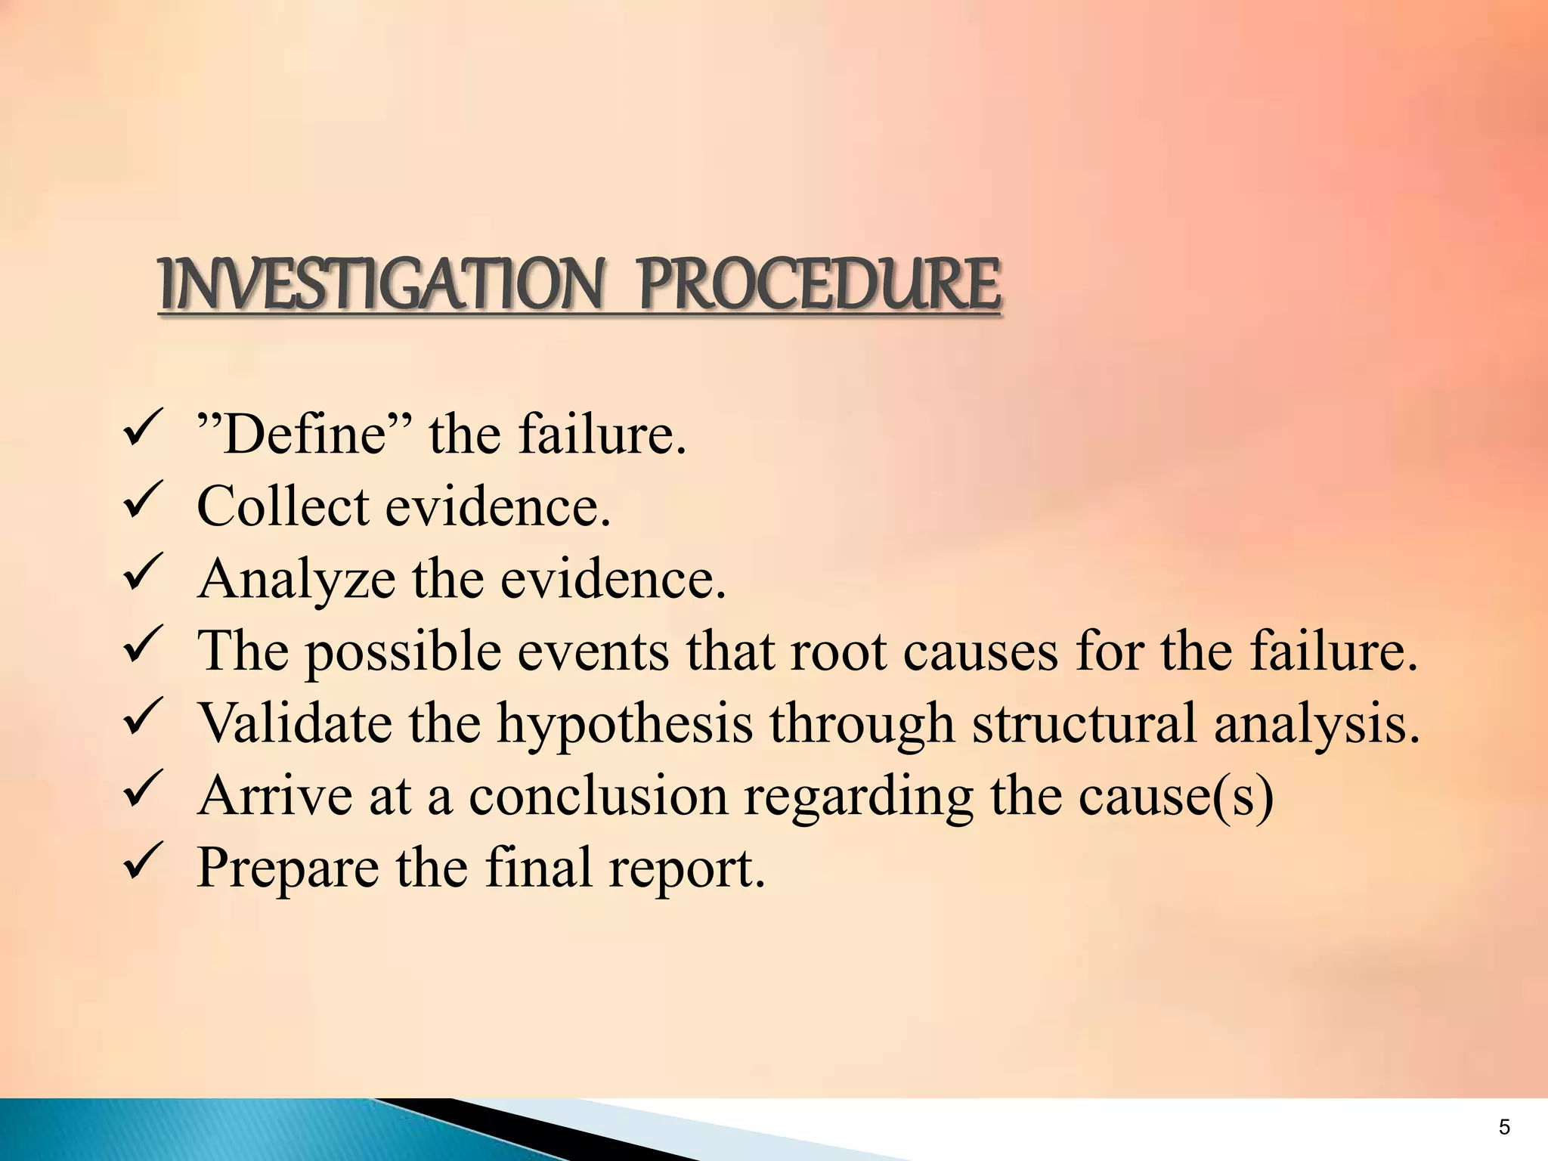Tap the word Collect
point(283,506)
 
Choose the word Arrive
point(274,795)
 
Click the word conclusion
point(598,795)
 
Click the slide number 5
point(1504,1128)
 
